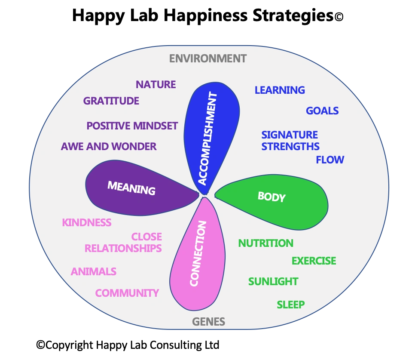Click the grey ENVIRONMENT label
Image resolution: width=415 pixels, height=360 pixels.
[208, 58]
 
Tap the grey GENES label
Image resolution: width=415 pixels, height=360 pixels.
[208, 322]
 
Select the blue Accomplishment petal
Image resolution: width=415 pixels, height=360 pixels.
[211, 129]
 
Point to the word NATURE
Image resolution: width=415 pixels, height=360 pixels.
[156, 84]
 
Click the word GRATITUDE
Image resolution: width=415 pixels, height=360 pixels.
[111, 101]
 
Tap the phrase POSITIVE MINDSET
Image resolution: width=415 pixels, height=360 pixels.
[132, 126]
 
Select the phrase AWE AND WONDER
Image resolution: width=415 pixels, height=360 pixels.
[109, 147]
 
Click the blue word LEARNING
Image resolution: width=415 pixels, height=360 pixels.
[280, 90]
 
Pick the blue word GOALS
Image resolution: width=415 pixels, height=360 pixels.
[322, 111]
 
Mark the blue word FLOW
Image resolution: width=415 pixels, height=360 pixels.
[330, 160]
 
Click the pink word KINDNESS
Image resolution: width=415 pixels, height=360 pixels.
[87, 223]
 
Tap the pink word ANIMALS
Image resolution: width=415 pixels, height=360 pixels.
[94, 272]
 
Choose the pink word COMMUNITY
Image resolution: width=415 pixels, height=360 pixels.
[127, 293]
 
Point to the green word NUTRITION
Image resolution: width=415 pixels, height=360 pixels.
[266, 243]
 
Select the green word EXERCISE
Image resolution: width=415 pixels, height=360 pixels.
[314, 261]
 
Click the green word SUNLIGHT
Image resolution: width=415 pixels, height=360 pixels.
[273, 282]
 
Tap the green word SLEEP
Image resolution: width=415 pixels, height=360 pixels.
[291, 305]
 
